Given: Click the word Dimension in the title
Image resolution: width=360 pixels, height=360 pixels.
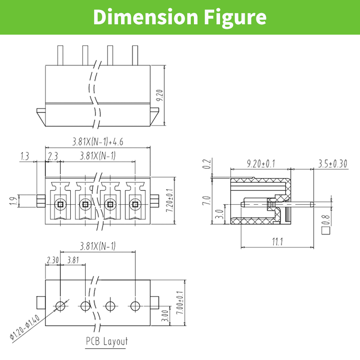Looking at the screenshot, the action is click(x=145, y=17).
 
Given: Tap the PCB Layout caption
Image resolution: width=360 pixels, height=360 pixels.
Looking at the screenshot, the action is click(x=107, y=341).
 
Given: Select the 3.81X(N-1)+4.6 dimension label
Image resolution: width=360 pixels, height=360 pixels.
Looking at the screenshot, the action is click(x=98, y=141).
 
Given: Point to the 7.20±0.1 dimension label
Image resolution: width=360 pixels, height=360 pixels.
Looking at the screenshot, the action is click(x=170, y=200).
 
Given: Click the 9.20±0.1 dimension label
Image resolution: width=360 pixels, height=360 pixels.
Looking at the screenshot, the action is click(x=261, y=164).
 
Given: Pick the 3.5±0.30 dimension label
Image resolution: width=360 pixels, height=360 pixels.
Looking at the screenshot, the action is click(x=333, y=164).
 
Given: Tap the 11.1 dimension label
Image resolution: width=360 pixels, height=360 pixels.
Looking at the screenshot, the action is click(x=278, y=242).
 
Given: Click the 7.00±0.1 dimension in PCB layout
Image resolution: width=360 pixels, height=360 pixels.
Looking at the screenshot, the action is click(x=180, y=303).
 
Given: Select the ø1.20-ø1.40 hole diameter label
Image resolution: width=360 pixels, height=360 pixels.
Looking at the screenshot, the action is click(x=25, y=327).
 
